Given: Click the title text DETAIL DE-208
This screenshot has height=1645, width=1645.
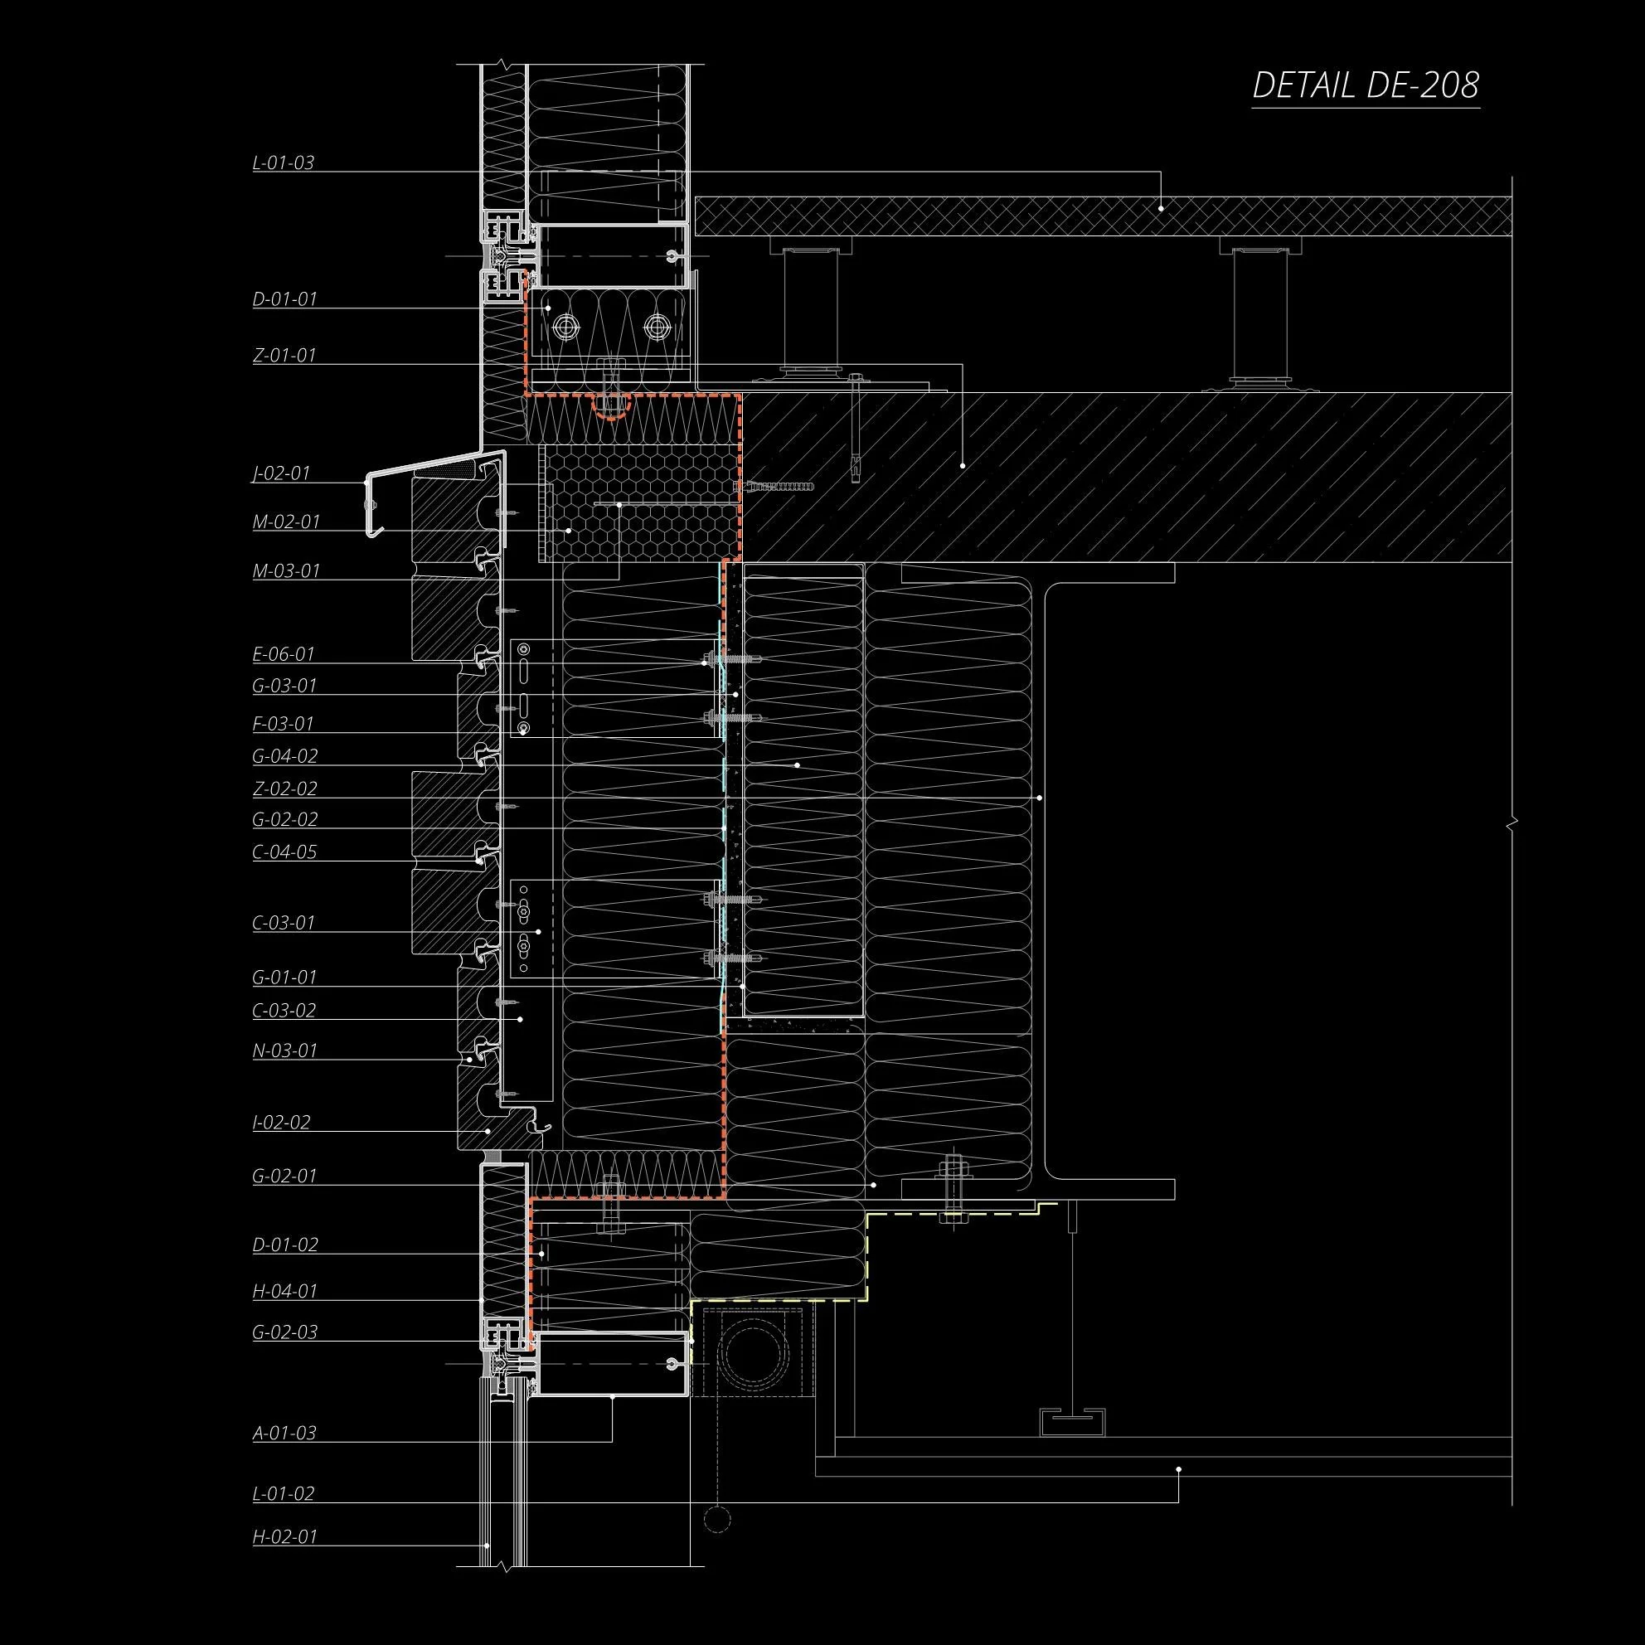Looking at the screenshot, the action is pyautogui.click(x=1366, y=86).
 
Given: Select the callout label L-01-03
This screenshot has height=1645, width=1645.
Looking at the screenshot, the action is pyautogui.click(x=284, y=163).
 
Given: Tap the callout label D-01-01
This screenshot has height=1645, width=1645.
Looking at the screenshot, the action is pyautogui.click(x=284, y=299).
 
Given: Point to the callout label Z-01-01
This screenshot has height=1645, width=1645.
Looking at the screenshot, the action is pyautogui.click(x=284, y=355).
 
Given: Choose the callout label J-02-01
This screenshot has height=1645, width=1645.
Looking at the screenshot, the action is pyautogui.click(x=282, y=473).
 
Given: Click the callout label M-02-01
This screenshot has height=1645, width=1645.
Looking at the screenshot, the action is pyautogui.click(x=286, y=521).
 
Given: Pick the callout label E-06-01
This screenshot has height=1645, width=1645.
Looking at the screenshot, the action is pyautogui.click(x=284, y=654).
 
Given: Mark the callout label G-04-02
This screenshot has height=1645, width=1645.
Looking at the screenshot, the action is pyautogui.click(x=285, y=755).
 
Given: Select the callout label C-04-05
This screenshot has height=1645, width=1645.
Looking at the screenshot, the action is pyautogui.click(x=284, y=852).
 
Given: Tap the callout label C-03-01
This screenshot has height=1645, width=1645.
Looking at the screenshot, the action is pyautogui.click(x=284, y=922).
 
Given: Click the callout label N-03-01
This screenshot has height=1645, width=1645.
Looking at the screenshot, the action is pyautogui.click(x=284, y=1050).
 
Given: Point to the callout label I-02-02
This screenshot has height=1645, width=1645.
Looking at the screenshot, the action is pyautogui.click(x=282, y=1121).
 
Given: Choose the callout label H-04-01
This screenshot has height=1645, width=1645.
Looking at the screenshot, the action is pyautogui.click(x=284, y=1290).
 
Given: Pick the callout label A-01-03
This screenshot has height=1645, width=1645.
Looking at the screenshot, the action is pyautogui.click(x=284, y=1432).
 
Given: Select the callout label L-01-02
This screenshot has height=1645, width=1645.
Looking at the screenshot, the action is pyautogui.click(x=284, y=1492).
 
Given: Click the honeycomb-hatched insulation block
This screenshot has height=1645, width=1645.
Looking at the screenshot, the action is pyautogui.click(x=638, y=507).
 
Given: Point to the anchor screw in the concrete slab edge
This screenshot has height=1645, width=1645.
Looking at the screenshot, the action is pyautogui.click(x=774, y=486).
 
